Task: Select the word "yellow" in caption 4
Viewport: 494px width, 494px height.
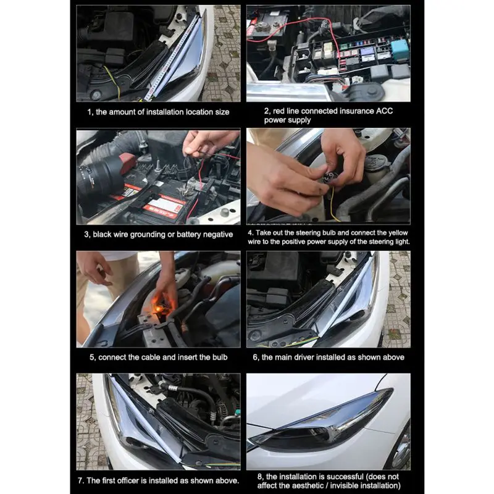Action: [x=398, y=233]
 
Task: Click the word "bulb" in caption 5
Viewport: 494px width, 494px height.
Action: [x=220, y=358]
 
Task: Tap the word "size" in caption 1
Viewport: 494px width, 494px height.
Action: [x=222, y=112]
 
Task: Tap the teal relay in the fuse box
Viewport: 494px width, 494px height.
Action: [x=400, y=49]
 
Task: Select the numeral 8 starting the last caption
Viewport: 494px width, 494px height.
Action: [x=259, y=477]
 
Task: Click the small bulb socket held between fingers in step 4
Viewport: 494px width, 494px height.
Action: [x=330, y=177]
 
